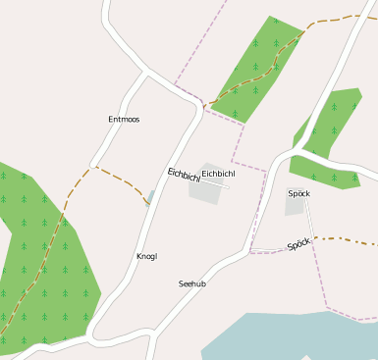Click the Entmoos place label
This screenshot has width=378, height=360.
[124, 120]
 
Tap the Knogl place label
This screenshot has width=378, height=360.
[146, 257]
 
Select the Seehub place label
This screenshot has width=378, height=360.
[191, 283]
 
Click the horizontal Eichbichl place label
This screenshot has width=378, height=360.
[219, 174]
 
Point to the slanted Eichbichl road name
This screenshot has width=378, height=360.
[184, 176]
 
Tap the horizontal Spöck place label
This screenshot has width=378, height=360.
[299, 193]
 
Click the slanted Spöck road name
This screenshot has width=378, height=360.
[298, 244]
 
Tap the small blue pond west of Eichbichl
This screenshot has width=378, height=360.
[150, 196]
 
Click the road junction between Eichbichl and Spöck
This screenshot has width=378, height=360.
[292, 153]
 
